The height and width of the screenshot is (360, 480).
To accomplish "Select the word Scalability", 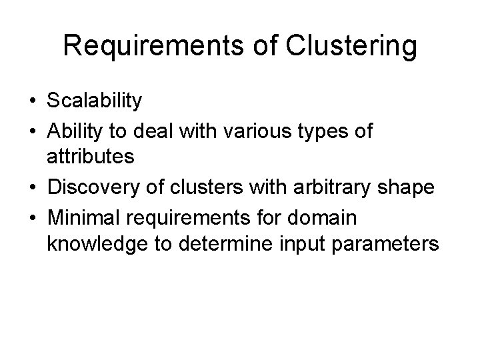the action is point(95,101).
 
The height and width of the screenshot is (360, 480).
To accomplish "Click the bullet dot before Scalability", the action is point(32,101).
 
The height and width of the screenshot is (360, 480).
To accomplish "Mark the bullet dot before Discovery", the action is point(32,188).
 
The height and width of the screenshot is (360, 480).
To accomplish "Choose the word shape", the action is point(410,189).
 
